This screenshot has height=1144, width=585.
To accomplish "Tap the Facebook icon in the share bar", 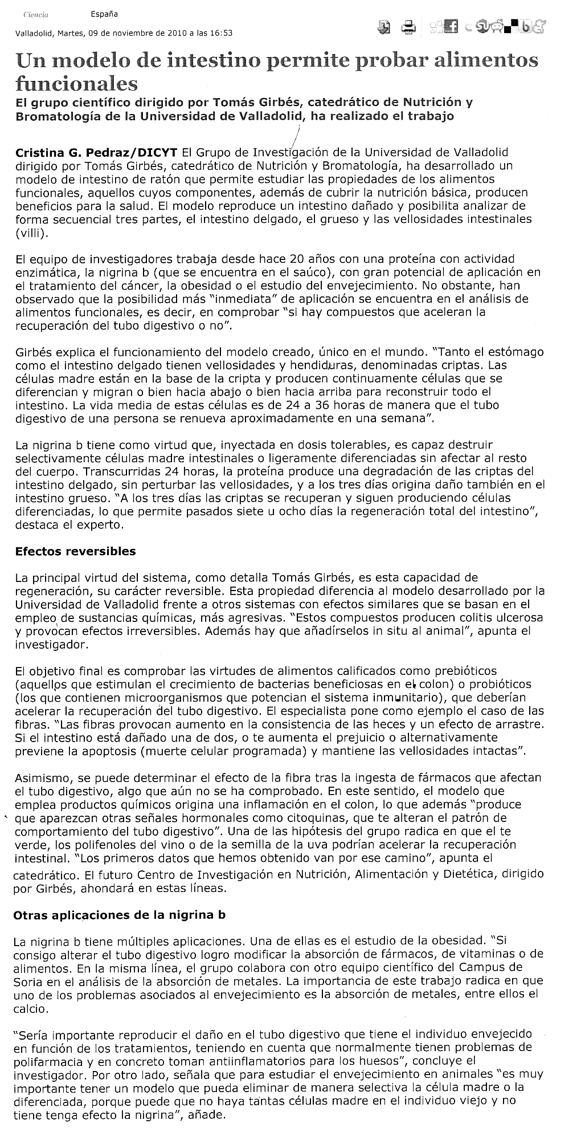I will (x=455, y=26).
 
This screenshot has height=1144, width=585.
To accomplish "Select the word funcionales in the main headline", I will (x=77, y=84).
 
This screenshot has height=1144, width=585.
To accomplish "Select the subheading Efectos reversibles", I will (x=76, y=551).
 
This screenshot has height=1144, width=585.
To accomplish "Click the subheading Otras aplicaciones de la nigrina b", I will (x=119, y=915).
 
